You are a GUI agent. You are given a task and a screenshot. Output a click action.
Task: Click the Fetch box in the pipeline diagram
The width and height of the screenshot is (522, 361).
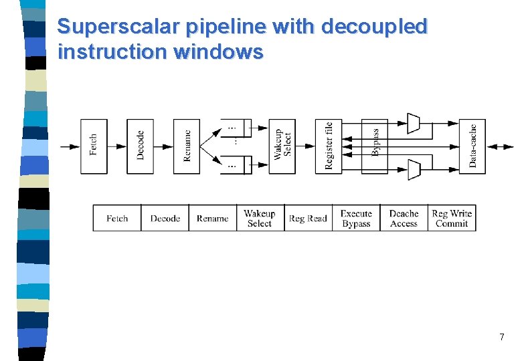pos(94,146)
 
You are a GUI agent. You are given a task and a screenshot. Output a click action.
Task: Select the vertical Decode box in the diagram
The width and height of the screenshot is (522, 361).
pos(140,146)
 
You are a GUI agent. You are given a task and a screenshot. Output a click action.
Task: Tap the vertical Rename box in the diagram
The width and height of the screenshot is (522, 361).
pos(187,146)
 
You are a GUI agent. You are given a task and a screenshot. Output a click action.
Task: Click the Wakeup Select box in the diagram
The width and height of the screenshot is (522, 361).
pos(282,146)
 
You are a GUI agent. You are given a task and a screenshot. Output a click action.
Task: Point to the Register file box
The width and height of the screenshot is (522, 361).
pos(329,146)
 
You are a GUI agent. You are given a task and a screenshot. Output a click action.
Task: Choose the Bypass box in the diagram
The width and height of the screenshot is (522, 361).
pos(375,146)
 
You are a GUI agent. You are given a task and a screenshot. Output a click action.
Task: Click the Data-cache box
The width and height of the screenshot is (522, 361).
pos(472,146)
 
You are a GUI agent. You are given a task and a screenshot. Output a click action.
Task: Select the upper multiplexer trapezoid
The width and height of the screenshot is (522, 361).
pos(414,122)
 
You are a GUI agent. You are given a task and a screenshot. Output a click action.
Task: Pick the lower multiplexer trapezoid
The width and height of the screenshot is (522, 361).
pos(414,170)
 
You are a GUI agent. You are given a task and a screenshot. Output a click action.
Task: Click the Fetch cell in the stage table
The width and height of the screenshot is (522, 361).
pos(117,219)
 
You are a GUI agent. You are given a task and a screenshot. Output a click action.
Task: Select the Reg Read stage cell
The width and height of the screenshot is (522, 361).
pos(308,219)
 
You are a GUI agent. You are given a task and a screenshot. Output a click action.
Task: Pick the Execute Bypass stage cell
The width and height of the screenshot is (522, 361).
pos(356,219)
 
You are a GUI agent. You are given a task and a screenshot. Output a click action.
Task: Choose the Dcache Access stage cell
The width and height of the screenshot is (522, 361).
pos(404,219)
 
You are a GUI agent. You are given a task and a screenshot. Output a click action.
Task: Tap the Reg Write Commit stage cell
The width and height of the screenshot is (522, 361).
pos(452,219)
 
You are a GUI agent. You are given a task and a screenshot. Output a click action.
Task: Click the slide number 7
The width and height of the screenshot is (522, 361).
pos(501,338)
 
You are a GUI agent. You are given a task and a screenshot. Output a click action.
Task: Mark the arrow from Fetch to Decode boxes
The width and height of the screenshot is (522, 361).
pos(117,146)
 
